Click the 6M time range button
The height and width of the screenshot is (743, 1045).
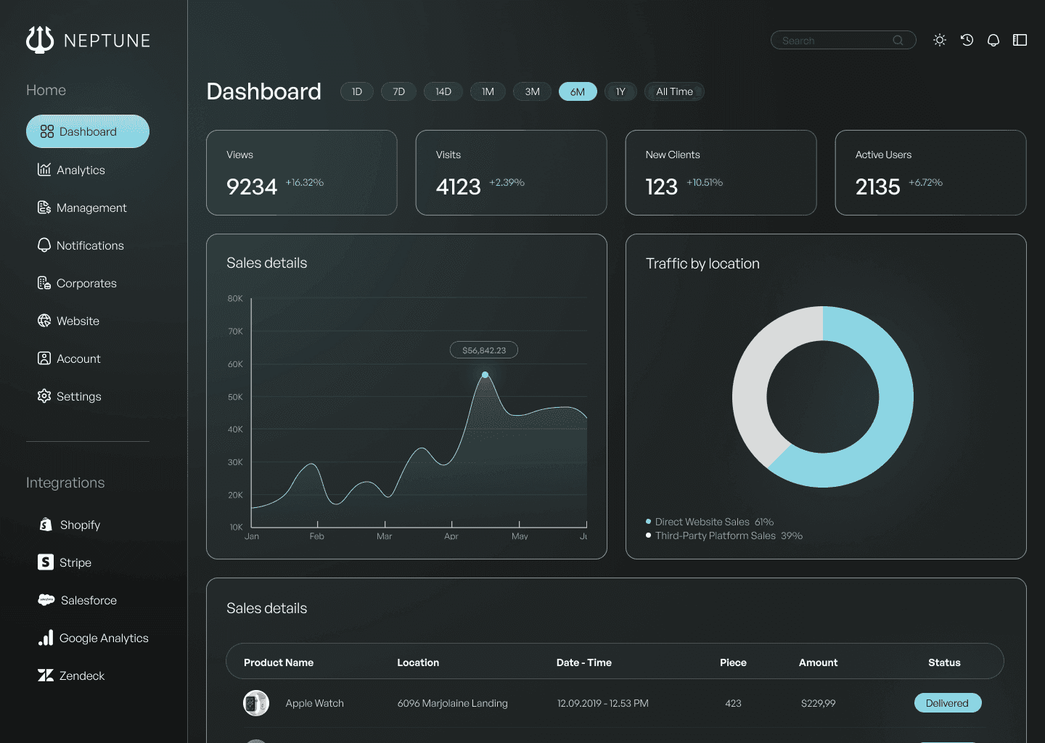[578, 91]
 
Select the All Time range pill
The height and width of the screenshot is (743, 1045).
[674, 91]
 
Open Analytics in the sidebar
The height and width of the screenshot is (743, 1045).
[81, 170]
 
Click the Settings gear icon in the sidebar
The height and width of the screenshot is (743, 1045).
[44, 395]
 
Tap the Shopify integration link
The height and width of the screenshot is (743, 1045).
[80, 525]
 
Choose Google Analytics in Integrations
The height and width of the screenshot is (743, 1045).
[103, 638]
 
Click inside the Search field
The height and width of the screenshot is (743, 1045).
[835, 41]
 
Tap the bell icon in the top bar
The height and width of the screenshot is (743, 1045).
[993, 41]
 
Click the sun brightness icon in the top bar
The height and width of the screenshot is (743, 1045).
[940, 41]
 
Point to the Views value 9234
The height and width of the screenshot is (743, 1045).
[252, 186]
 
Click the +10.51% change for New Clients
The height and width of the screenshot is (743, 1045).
[705, 182]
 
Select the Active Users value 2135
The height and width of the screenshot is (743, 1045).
[877, 186]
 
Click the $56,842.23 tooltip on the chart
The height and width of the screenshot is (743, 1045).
[484, 350]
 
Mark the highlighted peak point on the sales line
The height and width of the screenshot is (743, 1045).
[485, 375]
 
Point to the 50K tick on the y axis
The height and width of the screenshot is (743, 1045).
[235, 397]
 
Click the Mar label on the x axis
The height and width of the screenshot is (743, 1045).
[384, 536]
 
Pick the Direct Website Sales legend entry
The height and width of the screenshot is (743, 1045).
[702, 522]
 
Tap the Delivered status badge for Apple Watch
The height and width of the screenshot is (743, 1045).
[947, 703]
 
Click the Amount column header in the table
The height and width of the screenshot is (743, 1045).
[818, 662]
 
